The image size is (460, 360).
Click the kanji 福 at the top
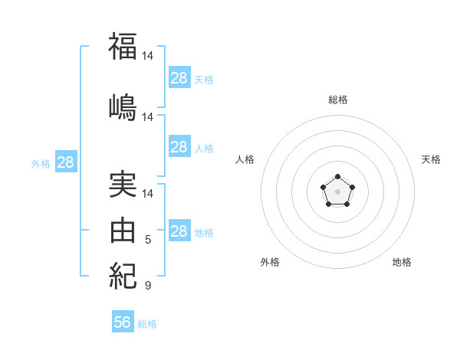123,46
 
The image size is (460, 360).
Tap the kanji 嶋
123,107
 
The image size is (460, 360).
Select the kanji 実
123,185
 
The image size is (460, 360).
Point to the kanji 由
123,230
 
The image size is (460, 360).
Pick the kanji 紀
123,276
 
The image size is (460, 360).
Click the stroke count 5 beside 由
148,240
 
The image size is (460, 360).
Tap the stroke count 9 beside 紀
148,285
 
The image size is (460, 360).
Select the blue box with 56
123,321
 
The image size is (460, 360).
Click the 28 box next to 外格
66,162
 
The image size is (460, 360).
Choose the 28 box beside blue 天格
180,77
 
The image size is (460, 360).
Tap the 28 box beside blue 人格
180,146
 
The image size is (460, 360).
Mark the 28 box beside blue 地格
180,230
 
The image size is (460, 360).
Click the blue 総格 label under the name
147,324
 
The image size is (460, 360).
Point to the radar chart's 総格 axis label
338,100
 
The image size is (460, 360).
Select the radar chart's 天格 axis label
431,159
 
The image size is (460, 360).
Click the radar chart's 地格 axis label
402,262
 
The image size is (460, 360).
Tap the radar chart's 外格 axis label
270,262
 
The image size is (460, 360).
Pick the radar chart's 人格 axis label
245,159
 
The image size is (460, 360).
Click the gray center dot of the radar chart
337,191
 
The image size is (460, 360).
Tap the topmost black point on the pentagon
337,176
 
